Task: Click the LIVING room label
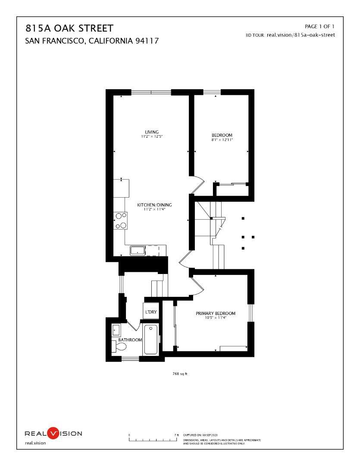(151, 132)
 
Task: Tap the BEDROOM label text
(222, 135)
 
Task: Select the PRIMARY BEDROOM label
(216, 313)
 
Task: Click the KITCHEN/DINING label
(151, 205)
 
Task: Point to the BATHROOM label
(130, 340)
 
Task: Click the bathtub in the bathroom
(151, 340)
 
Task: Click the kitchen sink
(138, 250)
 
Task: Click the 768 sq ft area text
(180, 374)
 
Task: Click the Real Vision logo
(53, 433)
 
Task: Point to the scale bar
(153, 440)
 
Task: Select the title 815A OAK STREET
(70, 29)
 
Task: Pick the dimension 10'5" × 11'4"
(216, 318)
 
